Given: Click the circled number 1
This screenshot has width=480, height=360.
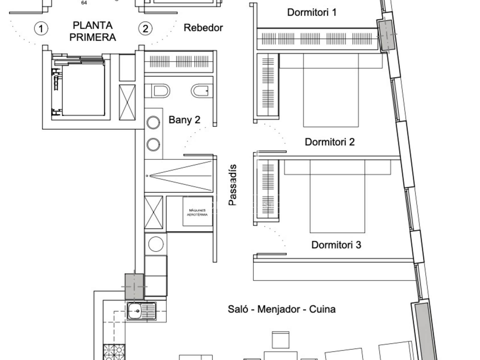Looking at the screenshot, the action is click(41, 28).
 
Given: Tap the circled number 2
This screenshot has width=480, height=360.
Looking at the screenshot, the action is click(145, 28).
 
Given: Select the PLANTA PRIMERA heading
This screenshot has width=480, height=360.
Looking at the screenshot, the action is click(92, 31).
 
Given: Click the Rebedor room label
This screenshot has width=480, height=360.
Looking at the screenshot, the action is click(203, 28).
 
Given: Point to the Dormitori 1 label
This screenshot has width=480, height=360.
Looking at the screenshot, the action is click(312, 13).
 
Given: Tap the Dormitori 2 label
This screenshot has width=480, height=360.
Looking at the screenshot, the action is click(329, 142).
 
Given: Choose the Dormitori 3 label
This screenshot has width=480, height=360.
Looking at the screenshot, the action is click(336, 245).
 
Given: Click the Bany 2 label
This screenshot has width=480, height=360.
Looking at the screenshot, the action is click(184, 120).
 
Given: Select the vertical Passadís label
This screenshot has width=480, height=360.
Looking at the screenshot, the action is click(232, 185).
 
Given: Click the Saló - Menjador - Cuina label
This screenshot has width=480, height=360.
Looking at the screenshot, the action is click(282, 309).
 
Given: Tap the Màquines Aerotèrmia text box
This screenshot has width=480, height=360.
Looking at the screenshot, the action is click(197, 211).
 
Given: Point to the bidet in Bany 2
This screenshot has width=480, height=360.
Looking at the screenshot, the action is click(202, 91).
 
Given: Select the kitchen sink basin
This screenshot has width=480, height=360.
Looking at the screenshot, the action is click(135, 311).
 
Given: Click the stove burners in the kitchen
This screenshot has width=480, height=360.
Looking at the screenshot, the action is click(114, 352).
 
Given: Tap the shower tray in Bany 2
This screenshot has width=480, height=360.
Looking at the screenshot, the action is click(179, 176).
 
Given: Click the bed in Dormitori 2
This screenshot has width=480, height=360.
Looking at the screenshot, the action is click(331, 90).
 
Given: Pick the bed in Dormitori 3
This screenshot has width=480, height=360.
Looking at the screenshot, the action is click(337, 196).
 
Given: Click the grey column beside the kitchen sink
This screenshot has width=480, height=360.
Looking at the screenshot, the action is click(134, 286).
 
